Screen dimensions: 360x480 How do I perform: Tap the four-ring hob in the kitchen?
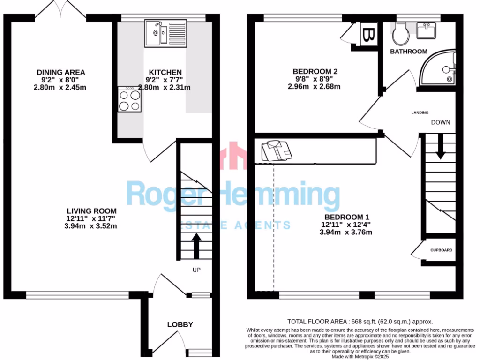130,99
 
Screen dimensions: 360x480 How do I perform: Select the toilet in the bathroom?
401,33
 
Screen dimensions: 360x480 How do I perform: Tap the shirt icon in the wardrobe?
276,151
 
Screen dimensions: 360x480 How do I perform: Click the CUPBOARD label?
442,250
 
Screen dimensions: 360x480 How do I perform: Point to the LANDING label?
420,112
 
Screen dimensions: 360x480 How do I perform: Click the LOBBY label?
180,324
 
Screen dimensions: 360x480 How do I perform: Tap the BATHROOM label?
409,52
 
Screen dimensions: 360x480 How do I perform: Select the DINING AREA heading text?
61,72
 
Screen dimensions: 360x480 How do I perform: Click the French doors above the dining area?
60,10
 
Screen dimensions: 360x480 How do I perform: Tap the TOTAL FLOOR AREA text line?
360,322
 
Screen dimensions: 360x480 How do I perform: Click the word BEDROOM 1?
347,217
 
